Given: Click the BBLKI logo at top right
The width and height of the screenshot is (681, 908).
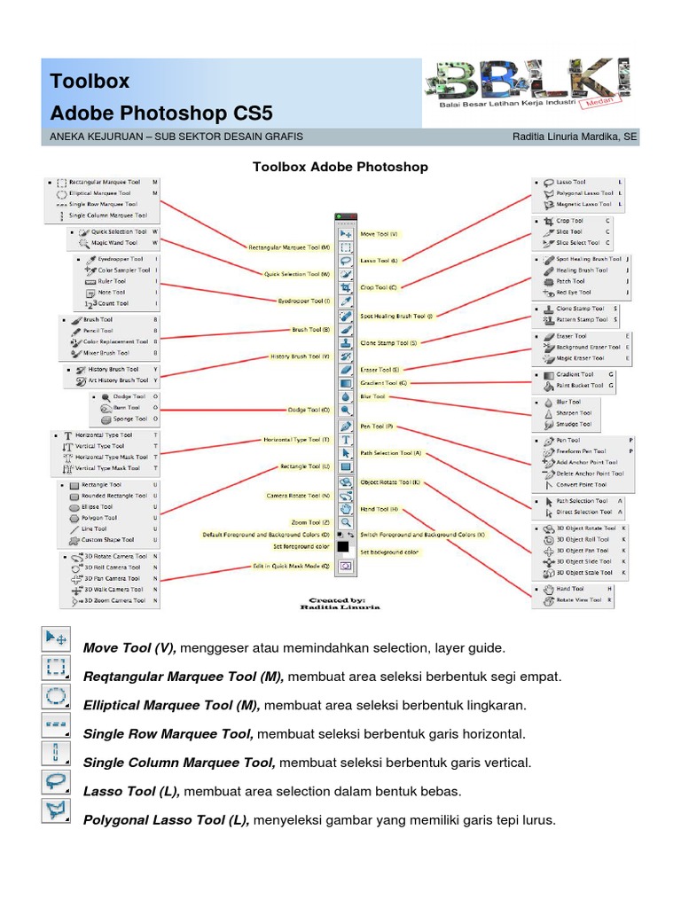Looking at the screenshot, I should tap(530, 85).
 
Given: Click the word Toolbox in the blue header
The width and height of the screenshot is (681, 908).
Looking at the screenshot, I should tap(90, 81).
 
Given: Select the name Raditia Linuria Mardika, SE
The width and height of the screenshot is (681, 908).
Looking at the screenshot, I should tap(575, 137).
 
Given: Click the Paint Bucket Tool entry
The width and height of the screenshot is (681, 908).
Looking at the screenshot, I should tap(580, 386).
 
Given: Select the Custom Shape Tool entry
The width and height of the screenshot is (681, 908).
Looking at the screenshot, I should tap(107, 539).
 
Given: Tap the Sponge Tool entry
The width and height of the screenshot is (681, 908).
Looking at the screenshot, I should tap(129, 419).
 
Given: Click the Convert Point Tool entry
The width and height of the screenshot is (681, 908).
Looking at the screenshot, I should tap(581, 485).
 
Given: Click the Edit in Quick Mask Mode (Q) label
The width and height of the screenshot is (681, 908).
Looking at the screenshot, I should tap(290, 565).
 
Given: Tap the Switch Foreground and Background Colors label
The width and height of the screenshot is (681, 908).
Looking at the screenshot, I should tap(423, 535).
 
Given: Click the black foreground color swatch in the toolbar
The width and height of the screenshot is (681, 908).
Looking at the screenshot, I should tap(343, 546).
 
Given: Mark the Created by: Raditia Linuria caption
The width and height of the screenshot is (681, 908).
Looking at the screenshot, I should tap(340, 604).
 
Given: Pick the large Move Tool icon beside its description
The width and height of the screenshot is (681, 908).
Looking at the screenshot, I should tap(56, 638).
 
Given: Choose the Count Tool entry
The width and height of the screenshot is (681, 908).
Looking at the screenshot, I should tap(113, 303).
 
